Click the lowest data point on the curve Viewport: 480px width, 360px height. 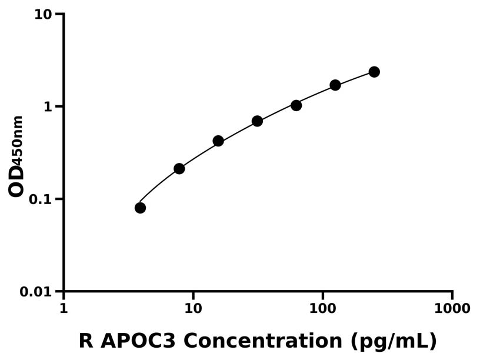click(x=140, y=208)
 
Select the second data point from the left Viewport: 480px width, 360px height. click(x=179, y=169)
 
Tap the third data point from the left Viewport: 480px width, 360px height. click(x=218, y=141)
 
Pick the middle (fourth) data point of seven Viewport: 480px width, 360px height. click(x=257, y=121)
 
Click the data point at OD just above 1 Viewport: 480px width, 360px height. click(x=296, y=105)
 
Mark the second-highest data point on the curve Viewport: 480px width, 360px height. click(x=335, y=85)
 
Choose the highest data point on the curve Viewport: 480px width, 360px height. click(x=374, y=72)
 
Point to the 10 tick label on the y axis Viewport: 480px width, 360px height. click(x=43, y=14)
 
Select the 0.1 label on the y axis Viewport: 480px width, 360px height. click(x=41, y=199)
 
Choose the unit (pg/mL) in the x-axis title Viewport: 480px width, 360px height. click(x=394, y=341)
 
